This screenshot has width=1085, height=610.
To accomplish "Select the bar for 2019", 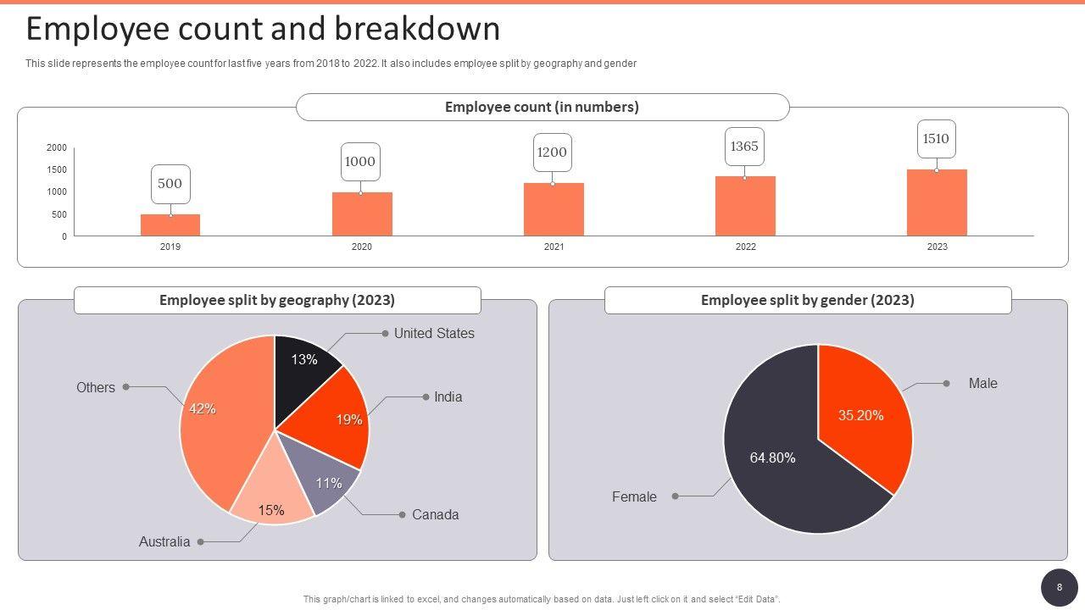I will click(170, 225).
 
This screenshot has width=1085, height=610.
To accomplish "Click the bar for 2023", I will click(937, 203).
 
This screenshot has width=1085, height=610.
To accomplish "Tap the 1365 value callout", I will click(744, 147).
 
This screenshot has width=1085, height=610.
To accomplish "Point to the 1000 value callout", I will click(360, 162).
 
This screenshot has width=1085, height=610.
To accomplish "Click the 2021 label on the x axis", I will click(554, 247).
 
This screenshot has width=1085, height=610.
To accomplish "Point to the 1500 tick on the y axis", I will click(57, 170).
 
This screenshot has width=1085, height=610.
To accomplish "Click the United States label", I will click(434, 334).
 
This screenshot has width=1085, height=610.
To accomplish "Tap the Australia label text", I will click(164, 542).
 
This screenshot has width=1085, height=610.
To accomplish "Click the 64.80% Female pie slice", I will click(771, 466).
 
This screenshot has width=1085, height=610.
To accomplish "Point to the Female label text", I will click(634, 497).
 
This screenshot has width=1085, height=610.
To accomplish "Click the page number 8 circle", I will click(1059, 587).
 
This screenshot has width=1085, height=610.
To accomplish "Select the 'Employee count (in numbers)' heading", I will click(542, 108).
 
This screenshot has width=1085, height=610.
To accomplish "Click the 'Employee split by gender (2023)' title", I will click(807, 301).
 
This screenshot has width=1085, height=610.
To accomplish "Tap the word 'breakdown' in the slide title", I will click(416, 30).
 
